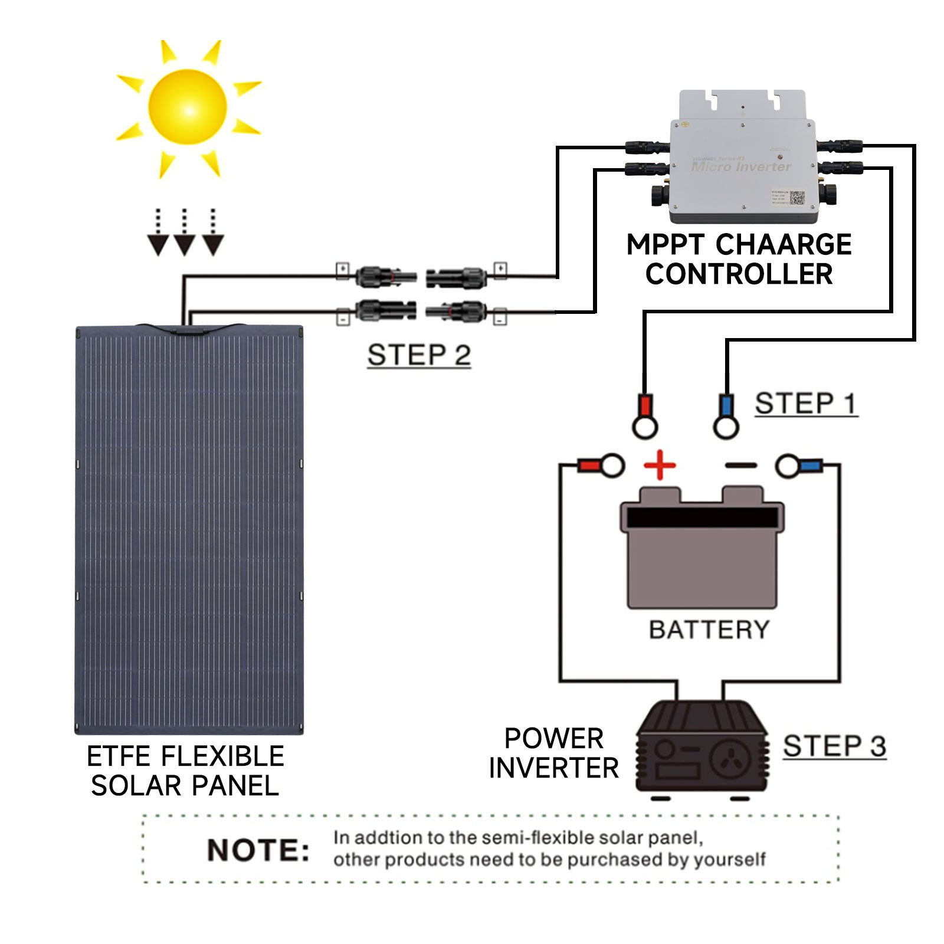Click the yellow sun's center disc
point(188,108)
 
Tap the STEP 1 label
point(806,404)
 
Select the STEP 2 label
point(419,355)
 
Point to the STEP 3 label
point(834,746)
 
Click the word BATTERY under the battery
point(709,630)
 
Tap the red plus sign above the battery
point(660,466)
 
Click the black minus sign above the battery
point(740,466)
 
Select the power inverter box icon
point(702,748)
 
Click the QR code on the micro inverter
point(797,198)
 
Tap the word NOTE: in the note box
point(258,850)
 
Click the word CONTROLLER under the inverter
point(739,274)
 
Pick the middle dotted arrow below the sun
point(185,233)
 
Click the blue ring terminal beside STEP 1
point(726,417)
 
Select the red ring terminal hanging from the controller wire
point(645,417)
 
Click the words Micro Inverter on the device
point(741,166)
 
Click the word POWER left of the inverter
point(553,738)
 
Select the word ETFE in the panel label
point(120,756)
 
